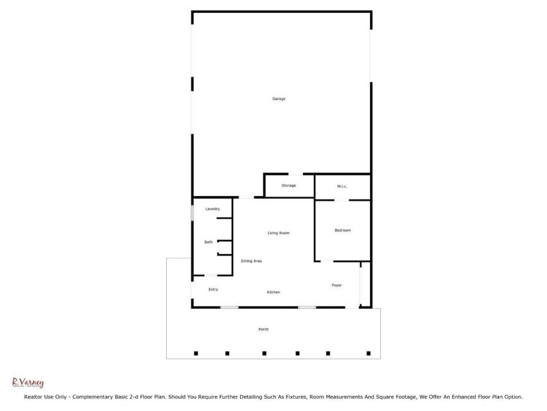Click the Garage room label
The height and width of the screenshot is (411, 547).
(278, 99)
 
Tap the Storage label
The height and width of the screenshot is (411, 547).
(289, 186)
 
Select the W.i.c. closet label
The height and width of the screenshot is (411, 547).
(343, 186)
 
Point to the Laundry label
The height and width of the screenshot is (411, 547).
(212, 209)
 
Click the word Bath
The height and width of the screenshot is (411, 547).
(209, 242)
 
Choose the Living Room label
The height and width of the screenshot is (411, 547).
(278, 233)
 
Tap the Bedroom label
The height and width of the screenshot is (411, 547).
(343, 230)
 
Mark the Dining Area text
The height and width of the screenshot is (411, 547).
(251, 261)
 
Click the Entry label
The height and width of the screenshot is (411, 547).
(213, 290)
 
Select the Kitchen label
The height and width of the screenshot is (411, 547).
(273, 292)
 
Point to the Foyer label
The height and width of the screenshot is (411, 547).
(336, 285)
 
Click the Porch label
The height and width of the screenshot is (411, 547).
(263, 329)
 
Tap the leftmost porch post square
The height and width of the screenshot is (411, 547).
(196, 353)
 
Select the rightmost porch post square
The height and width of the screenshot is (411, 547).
(369, 353)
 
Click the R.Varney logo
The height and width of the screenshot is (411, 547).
(28, 384)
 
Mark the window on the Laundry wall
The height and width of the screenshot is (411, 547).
(192, 212)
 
